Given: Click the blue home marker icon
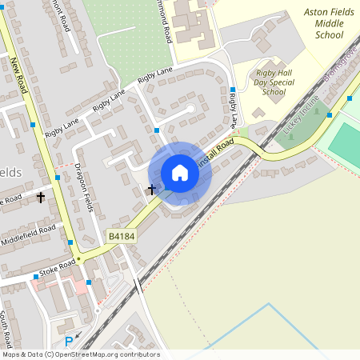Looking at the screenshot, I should click(x=180, y=173).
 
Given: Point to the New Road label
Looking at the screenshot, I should click(x=19, y=77).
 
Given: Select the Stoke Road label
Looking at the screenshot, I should click(x=56, y=269).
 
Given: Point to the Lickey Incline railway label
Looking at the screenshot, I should click(x=301, y=114).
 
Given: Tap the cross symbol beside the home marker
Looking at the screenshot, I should click(x=152, y=190).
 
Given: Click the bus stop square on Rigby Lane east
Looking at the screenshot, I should click(x=233, y=90).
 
